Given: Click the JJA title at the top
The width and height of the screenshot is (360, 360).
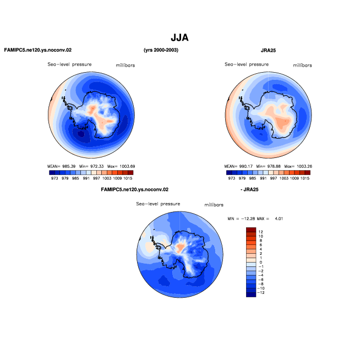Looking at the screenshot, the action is (x=179, y=37).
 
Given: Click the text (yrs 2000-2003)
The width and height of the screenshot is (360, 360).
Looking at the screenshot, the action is (x=161, y=50).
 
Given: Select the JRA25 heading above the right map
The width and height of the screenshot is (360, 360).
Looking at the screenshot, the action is (x=268, y=50).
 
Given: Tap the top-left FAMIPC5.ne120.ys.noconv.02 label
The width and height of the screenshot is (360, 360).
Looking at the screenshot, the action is (x=38, y=50).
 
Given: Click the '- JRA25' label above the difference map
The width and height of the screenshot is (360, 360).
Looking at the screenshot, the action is (x=249, y=189).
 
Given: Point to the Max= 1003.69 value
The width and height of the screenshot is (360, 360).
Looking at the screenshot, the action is (x=121, y=166).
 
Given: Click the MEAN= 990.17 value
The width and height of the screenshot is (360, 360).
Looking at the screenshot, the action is (x=238, y=166).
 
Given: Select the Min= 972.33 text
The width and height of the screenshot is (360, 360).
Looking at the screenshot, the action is (x=91, y=166).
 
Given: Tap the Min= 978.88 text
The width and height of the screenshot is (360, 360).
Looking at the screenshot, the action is (x=269, y=166).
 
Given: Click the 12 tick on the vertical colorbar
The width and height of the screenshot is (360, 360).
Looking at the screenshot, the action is (x=260, y=232).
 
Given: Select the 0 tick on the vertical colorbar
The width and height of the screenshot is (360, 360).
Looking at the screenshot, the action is (x=260, y=262).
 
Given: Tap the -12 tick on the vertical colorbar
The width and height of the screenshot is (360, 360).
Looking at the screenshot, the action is (x=261, y=292).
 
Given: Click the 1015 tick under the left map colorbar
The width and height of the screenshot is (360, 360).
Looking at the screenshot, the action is (x=128, y=178).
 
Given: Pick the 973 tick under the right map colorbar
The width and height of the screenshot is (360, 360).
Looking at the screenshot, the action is (x=232, y=178).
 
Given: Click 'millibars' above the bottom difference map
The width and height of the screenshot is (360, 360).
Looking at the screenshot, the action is (x=214, y=205).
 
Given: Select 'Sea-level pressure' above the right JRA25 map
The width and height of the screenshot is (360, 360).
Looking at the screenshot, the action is (x=247, y=64).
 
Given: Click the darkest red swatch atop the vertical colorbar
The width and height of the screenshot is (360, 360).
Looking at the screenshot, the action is (x=251, y=230).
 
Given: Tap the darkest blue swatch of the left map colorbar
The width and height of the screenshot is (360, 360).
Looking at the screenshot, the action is (x=52, y=173).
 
